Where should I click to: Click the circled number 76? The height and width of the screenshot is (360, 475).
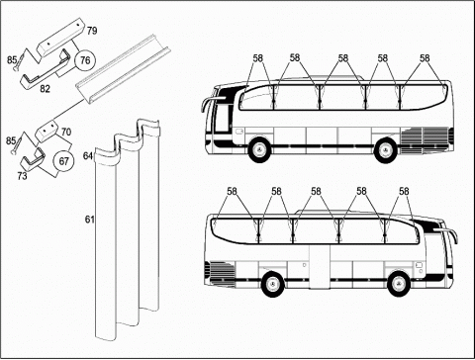click(x=85, y=60)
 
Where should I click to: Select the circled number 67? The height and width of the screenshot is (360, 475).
click(x=63, y=161)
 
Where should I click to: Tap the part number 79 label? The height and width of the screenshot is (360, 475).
click(x=92, y=31)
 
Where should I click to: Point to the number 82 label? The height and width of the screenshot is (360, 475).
click(x=45, y=89)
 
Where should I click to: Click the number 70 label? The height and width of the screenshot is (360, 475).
click(x=66, y=132)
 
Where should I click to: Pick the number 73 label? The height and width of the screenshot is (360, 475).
click(x=22, y=176)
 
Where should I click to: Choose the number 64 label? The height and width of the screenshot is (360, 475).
click(x=88, y=155)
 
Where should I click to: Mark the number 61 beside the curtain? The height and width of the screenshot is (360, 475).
click(x=90, y=220)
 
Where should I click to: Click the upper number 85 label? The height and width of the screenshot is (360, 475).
click(x=12, y=60)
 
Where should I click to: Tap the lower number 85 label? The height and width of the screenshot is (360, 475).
click(x=11, y=140)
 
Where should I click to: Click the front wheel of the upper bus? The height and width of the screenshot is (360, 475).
click(x=258, y=150)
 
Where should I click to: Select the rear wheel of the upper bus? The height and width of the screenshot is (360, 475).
click(x=385, y=150)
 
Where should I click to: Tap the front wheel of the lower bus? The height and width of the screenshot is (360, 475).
click(x=399, y=284)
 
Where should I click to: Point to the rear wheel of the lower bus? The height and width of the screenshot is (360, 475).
click(x=272, y=284)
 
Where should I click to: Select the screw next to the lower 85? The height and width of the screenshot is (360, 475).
click(x=18, y=142)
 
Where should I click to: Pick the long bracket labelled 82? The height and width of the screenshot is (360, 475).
click(x=46, y=69)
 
